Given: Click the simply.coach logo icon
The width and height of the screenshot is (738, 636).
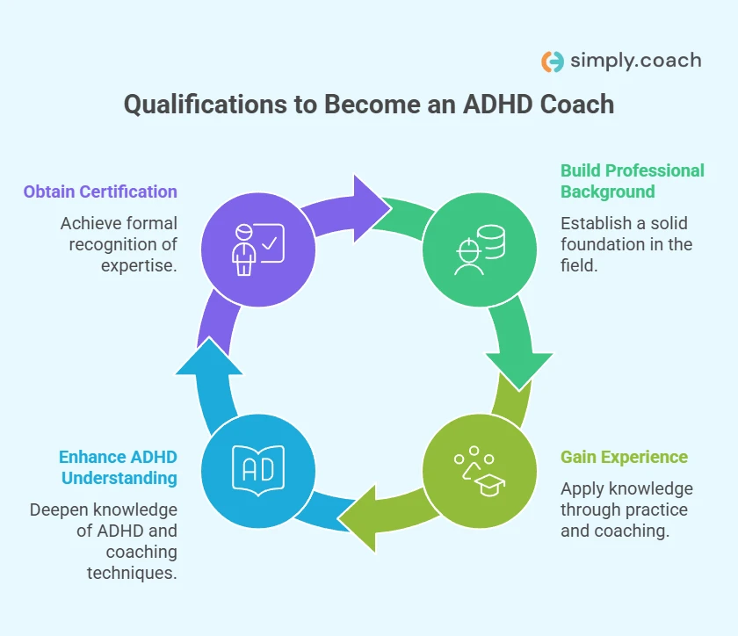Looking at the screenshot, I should coord(553,61).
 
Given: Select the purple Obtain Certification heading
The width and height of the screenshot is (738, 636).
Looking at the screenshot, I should coord(100,192).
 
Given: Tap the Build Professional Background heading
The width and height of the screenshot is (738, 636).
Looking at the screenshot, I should coord(632,181).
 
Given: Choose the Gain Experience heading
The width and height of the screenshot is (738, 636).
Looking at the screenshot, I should coord(624,458).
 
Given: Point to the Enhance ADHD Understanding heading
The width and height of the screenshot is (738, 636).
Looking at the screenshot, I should coord(118,467).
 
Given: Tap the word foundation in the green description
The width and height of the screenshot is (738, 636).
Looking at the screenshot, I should coord(604,244).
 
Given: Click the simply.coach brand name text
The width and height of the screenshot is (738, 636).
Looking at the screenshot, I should coord(635,61).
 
